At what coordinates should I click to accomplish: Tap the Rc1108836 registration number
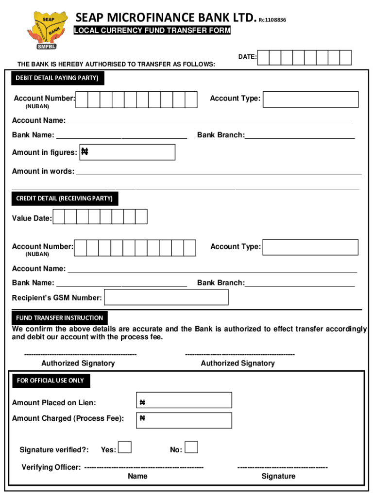pos(272,20)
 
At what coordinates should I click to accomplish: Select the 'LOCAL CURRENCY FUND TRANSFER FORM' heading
pos(152,31)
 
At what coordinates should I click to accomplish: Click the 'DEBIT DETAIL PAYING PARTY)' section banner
pos(57,78)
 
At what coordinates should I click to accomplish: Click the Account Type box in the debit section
pos(311,99)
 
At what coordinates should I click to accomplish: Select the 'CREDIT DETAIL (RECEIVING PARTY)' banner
pos(64,198)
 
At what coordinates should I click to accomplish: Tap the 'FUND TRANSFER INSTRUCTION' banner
pos(59,318)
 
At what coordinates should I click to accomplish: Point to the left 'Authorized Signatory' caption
pos(78,363)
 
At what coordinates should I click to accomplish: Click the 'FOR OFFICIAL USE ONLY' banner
pos(51,381)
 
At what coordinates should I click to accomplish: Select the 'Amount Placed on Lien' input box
pos(184,400)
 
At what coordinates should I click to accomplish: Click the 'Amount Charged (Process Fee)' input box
pos(184,420)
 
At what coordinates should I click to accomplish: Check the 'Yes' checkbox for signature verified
pos(125,447)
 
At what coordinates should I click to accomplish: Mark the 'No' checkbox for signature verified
pos(191,447)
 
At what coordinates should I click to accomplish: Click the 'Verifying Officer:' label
pos(51,467)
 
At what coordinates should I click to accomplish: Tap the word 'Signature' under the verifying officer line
pos(278,476)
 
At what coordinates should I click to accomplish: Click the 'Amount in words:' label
pos(43,171)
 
